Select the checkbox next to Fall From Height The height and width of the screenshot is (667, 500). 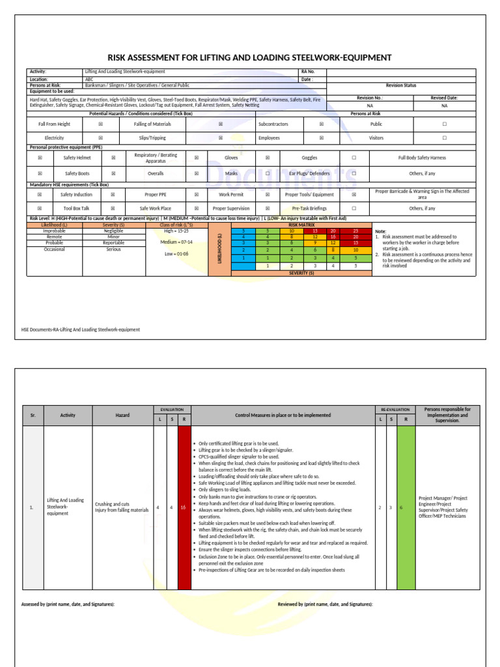point(100,124)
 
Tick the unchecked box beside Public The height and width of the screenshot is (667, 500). point(445,124)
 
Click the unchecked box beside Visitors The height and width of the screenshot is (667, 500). point(445,138)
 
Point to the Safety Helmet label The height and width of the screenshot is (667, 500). point(77,158)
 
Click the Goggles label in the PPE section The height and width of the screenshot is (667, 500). point(310,158)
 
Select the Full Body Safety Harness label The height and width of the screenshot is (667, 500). point(422,158)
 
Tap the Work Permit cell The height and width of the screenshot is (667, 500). point(231,194)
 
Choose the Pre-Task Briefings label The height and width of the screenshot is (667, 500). point(310,208)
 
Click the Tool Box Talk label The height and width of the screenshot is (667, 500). point(77,208)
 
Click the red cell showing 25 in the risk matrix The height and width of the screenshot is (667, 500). point(355,231)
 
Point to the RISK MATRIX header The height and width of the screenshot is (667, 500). point(301,224)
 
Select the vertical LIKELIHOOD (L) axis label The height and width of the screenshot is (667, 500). point(220,248)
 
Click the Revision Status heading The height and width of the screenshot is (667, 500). point(401,85)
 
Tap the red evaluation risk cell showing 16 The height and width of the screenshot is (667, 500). point(184,507)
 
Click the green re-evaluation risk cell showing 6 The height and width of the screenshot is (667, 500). point(406,507)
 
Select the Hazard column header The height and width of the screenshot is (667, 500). point(122,415)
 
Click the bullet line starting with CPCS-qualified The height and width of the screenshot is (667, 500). point(238,457)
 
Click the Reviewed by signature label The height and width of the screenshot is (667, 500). point(325,604)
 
